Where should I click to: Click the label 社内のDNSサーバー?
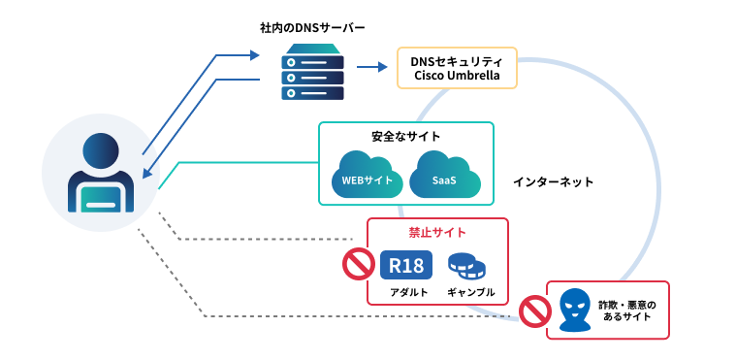(x=312, y=28)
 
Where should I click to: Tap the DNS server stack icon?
(x=312, y=72)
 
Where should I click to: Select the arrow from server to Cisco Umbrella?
(x=371, y=67)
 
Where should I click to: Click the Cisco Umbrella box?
(x=457, y=68)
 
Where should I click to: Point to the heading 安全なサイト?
(x=406, y=137)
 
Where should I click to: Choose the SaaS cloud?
(x=445, y=175)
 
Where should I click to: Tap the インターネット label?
(x=554, y=181)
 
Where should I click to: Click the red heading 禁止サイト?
(x=437, y=232)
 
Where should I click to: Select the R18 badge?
(x=406, y=265)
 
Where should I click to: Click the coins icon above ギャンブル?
(x=466, y=265)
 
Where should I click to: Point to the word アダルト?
(x=409, y=292)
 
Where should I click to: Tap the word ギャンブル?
(x=471, y=292)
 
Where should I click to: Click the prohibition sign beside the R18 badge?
(x=359, y=264)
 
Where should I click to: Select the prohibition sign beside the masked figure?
(x=535, y=311)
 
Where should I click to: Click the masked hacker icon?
(x=575, y=310)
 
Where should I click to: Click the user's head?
(x=101, y=150)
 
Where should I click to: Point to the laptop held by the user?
(x=101, y=199)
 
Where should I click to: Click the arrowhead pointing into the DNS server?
(x=254, y=55)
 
